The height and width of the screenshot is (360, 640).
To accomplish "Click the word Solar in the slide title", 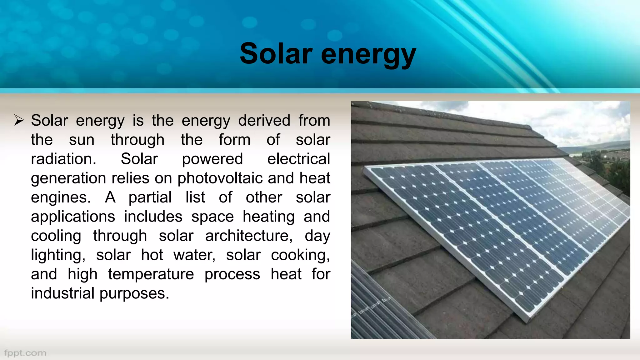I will click(276, 54).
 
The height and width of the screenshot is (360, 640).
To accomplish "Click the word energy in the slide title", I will click(368, 55).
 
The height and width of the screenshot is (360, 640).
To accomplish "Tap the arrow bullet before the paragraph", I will click(19, 120).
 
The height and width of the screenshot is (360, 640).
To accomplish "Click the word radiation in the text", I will click(63, 159).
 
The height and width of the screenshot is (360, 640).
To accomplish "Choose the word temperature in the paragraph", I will click(151, 274).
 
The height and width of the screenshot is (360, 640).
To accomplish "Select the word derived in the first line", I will click(264, 121).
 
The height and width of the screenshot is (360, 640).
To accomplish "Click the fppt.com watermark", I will click(25, 353).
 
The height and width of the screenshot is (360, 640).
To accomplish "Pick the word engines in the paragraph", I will click(61, 198).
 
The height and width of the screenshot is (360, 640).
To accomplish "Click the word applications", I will click(73, 217).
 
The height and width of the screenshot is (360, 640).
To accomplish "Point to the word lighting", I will click(58, 255).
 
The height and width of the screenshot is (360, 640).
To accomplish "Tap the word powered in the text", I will click(212, 159).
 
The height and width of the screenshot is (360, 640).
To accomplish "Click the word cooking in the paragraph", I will click(300, 255).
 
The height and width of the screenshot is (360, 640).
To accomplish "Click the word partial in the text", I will click(150, 198).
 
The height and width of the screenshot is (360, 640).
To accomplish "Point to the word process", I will click(232, 275).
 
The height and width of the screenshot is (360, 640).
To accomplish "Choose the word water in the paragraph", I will click(194, 255).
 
